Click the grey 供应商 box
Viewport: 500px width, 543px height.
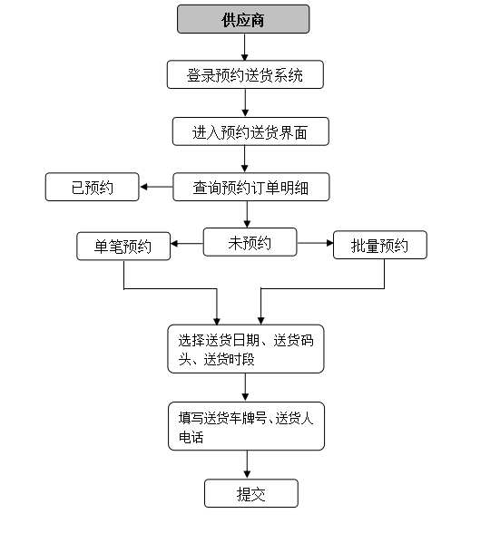tap(243, 19)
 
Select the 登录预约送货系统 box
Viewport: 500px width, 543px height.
tap(245, 74)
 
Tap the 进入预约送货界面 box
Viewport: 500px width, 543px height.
tap(250, 131)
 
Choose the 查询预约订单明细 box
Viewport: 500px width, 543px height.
tap(251, 187)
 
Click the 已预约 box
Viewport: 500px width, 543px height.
tap(93, 187)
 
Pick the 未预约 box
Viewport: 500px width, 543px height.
tap(250, 242)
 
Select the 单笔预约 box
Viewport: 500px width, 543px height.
tap(123, 246)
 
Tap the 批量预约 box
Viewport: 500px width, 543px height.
tap(380, 245)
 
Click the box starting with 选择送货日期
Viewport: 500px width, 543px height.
tap(246, 349)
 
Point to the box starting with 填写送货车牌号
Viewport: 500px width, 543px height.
tap(246, 426)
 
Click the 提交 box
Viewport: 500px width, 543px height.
tap(251, 493)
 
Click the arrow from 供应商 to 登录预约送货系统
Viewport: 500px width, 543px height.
tap(244, 47)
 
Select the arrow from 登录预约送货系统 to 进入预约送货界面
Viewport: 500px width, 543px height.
tap(245, 102)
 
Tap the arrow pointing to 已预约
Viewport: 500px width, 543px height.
tap(156, 187)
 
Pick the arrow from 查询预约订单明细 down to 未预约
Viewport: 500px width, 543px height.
tap(247, 214)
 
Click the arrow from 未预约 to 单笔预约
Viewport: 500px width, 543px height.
tap(187, 244)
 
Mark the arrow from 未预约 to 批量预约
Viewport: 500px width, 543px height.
tap(315, 243)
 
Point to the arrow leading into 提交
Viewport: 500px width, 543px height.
tap(247, 465)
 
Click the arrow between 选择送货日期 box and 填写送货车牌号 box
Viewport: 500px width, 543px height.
tap(245, 387)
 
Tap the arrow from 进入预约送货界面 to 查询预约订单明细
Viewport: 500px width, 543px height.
tap(244, 159)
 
